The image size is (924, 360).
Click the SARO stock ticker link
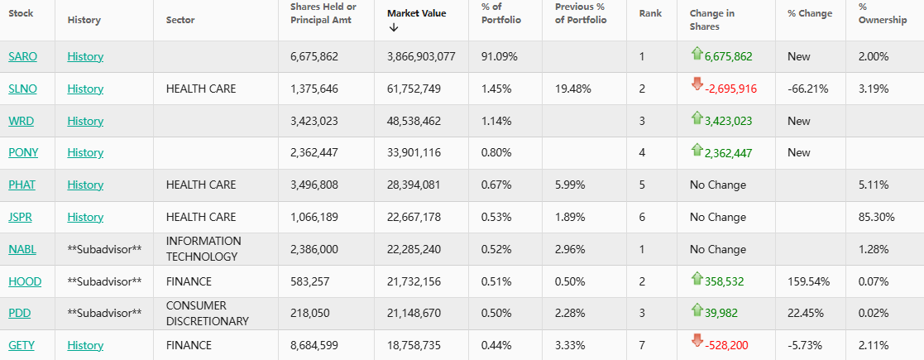(22, 56)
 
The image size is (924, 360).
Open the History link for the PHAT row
(85, 185)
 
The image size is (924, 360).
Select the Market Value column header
(416, 13)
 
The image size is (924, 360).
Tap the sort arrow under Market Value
(393, 27)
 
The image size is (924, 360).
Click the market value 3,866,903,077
(421, 56)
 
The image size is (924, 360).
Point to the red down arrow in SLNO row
(697, 83)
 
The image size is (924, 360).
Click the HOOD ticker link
(25, 281)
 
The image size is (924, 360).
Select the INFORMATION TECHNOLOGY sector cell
(203, 249)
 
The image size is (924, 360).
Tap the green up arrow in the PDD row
(697, 310)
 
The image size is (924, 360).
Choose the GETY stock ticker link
(22, 345)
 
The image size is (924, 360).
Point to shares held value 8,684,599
(314, 345)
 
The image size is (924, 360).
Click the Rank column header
(649, 13)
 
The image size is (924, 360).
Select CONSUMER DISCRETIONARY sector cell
(207, 313)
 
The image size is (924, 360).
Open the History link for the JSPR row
(85, 217)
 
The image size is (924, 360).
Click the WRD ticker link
(21, 121)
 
